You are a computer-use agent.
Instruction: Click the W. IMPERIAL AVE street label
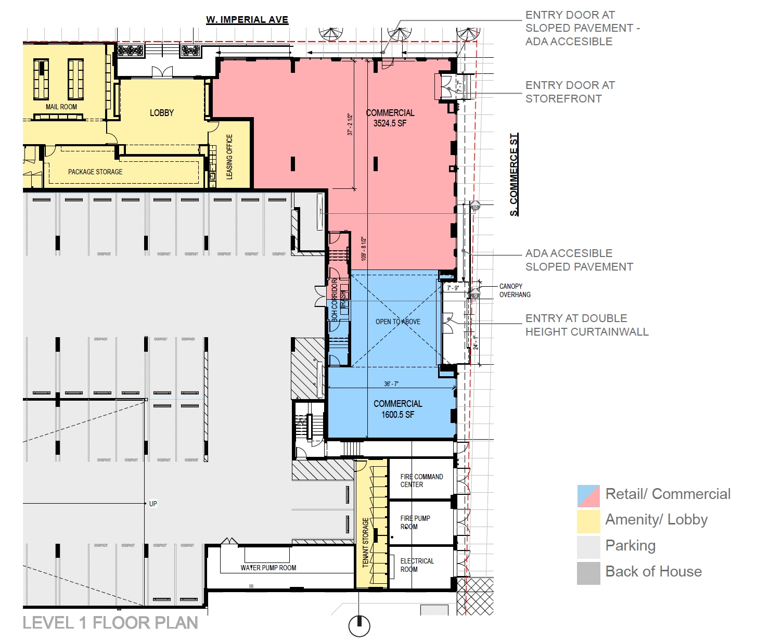(x=247, y=20)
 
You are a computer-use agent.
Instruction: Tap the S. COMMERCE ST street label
(x=514, y=175)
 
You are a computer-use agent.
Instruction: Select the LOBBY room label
(x=162, y=113)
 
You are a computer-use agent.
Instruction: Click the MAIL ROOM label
(x=61, y=107)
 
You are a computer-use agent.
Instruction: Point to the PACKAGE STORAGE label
(x=95, y=172)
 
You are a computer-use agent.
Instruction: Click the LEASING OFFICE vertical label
(x=229, y=157)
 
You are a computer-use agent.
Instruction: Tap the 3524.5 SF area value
(x=390, y=124)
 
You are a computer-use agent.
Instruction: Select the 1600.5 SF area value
(x=397, y=415)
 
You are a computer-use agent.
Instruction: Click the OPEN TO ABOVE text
(x=398, y=322)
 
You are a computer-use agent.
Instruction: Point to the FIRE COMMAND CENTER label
(x=421, y=480)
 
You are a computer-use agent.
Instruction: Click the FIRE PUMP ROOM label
(x=415, y=522)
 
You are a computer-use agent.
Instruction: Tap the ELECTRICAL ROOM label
(x=417, y=565)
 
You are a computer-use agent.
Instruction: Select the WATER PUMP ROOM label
(x=268, y=568)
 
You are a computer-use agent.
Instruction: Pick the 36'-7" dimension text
(x=391, y=384)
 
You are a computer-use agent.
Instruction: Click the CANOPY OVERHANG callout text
(x=515, y=290)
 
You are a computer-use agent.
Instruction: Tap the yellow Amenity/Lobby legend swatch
(x=588, y=521)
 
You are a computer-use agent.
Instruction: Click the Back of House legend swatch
(x=588, y=573)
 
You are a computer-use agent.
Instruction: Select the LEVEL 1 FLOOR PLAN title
(x=110, y=623)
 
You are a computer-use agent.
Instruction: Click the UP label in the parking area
(x=153, y=504)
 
